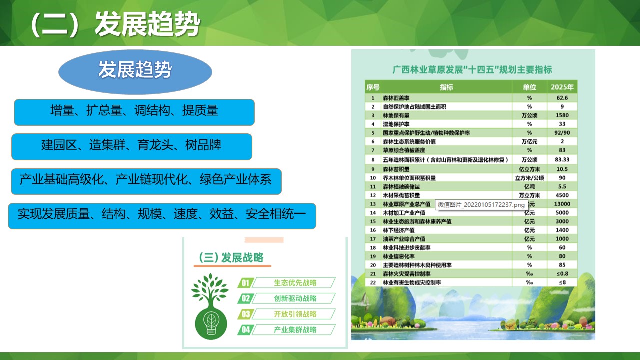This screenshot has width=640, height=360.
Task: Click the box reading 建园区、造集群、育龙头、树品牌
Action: click(131, 146)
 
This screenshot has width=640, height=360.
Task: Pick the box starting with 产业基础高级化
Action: click(146, 181)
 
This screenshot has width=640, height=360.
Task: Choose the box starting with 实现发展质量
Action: click(162, 216)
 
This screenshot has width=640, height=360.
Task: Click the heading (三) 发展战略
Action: click(231, 258)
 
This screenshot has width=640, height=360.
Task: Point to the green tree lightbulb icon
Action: click(209, 305)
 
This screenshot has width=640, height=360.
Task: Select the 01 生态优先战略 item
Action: click(287, 283)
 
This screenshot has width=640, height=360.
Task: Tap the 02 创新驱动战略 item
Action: click(287, 299)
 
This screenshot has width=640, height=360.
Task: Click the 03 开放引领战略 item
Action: click(287, 314)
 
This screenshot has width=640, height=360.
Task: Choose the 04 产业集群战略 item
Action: click(287, 330)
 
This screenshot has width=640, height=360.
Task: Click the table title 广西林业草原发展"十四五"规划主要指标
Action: click(472, 70)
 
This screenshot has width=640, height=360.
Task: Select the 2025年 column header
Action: click(562, 87)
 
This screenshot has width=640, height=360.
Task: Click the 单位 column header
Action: click(529, 87)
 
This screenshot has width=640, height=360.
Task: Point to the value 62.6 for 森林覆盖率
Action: click(562, 98)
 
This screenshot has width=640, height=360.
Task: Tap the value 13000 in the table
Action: click(562, 204)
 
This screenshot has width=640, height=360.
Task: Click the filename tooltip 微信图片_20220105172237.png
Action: click(481, 205)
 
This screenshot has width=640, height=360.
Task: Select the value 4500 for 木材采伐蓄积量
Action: click(562, 195)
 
